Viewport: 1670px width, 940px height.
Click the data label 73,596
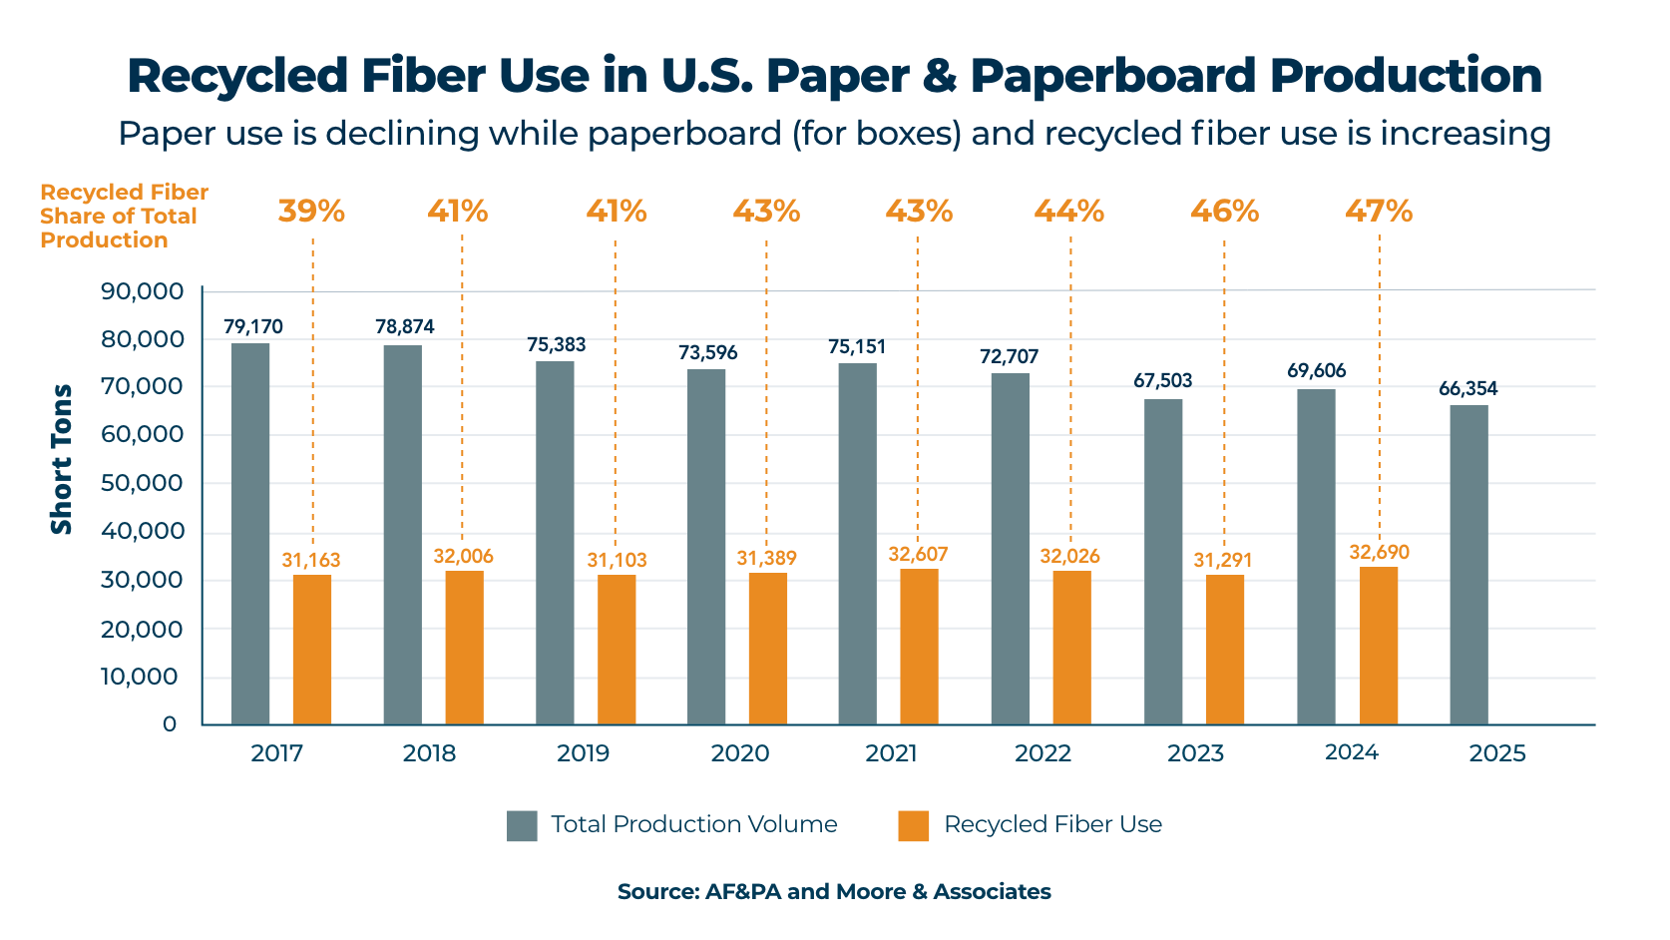[708, 353]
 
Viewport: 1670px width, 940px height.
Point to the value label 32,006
[463, 557]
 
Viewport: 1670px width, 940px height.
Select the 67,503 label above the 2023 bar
[1162, 381]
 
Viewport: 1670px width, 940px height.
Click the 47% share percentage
[1378, 212]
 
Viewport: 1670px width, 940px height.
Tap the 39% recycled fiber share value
[311, 212]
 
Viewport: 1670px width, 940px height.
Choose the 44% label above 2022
[1068, 212]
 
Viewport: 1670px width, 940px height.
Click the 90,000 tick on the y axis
[143, 291]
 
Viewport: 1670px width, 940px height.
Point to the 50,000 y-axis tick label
[143, 484]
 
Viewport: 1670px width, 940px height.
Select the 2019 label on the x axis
[583, 753]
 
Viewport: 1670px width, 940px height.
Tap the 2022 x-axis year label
[1043, 753]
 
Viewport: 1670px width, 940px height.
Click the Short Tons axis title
[62, 459]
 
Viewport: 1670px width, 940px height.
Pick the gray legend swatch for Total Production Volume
[522, 825]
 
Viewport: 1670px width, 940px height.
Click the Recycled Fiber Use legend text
[1052, 825]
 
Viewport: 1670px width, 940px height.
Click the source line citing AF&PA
[834, 892]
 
